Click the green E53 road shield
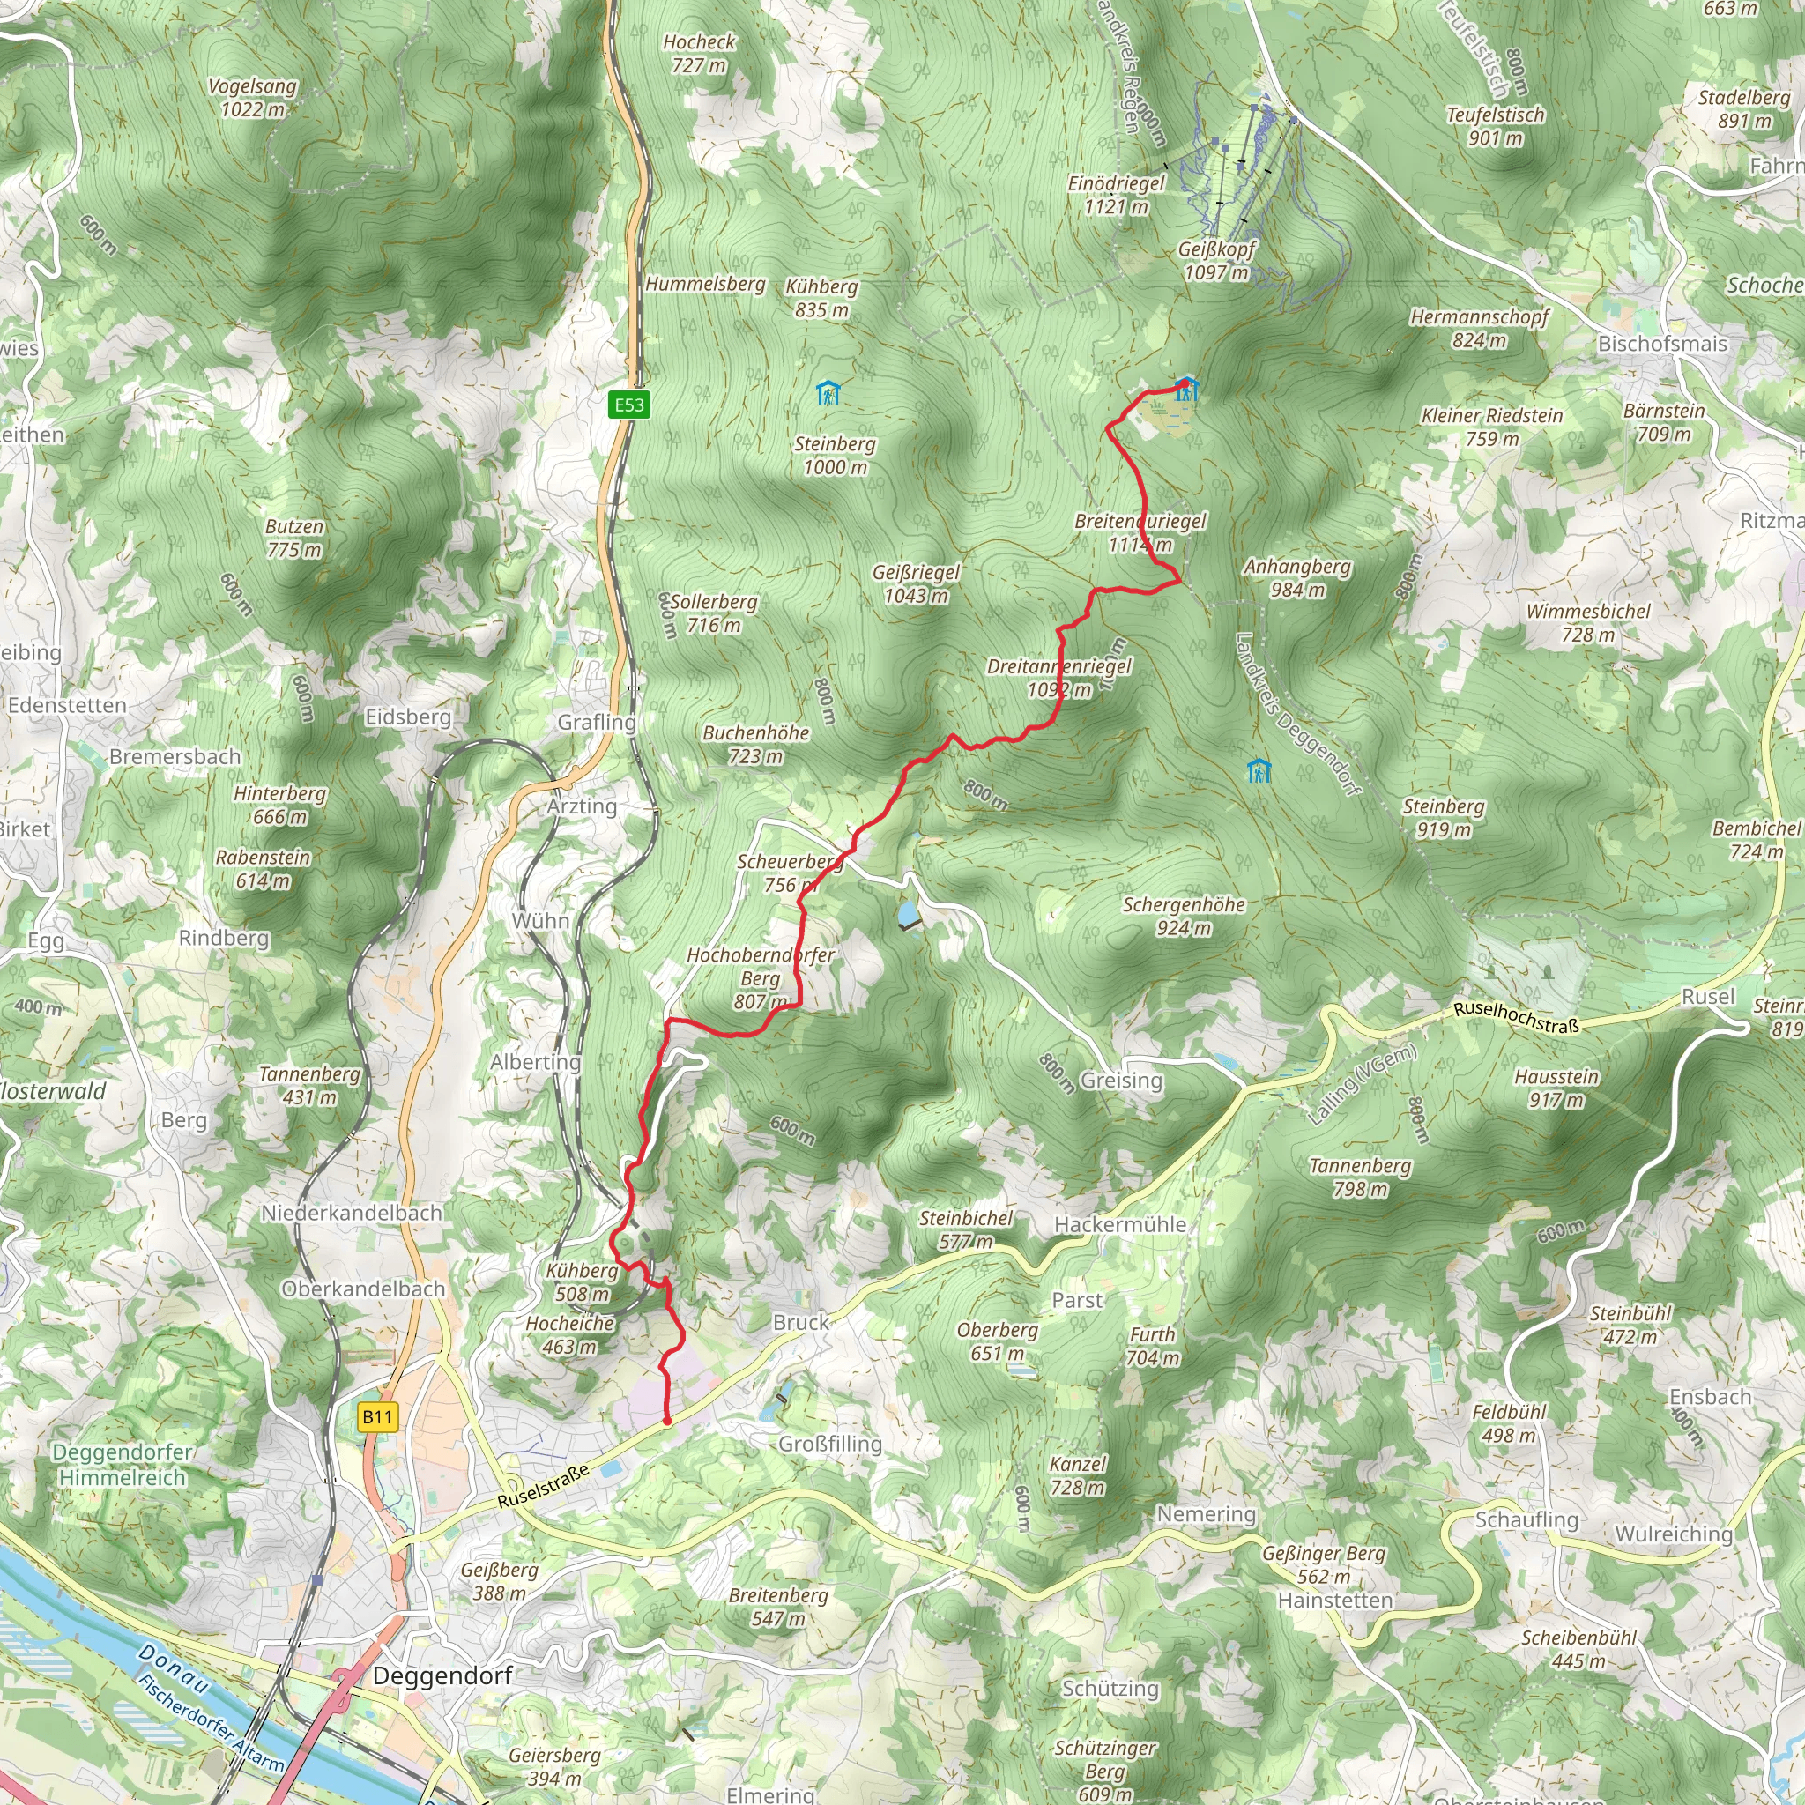click(x=628, y=405)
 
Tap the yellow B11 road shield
click(x=377, y=1416)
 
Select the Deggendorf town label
click(x=442, y=1675)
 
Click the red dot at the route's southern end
click(x=667, y=1421)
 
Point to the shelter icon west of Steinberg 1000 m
click(x=828, y=392)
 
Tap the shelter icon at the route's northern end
click(x=1186, y=389)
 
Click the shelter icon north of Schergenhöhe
click(x=1259, y=771)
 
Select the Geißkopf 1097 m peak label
click(x=1216, y=261)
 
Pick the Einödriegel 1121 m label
click(x=1117, y=194)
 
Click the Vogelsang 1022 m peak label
click(x=252, y=97)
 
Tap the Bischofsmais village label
click(x=1662, y=343)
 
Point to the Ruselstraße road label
click(x=543, y=1485)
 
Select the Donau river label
click(x=173, y=1669)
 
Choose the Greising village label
click(x=1121, y=1080)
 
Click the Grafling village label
click(x=596, y=721)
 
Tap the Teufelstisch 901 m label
click(x=1495, y=126)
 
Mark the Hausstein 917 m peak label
click(x=1556, y=1088)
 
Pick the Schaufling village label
click(x=1526, y=1519)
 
